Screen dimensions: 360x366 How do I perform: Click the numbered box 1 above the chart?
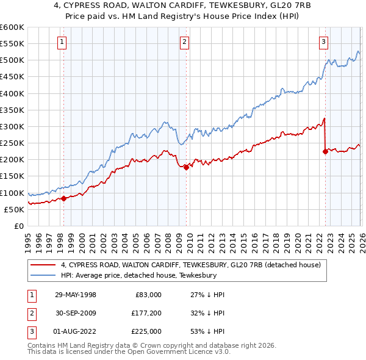click(63, 42)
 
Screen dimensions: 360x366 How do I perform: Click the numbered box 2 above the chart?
click(184, 42)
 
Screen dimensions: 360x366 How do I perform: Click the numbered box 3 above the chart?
click(323, 42)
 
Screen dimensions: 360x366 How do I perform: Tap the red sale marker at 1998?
click(63, 198)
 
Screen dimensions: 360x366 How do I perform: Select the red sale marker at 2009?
click(186, 167)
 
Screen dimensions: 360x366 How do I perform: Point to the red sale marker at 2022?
click(325, 151)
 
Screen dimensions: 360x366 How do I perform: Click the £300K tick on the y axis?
click(12, 127)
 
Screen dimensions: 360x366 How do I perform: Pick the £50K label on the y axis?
click(13, 209)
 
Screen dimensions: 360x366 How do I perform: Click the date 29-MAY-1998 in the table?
click(75, 294)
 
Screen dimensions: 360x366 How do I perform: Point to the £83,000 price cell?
click(147, 294)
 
